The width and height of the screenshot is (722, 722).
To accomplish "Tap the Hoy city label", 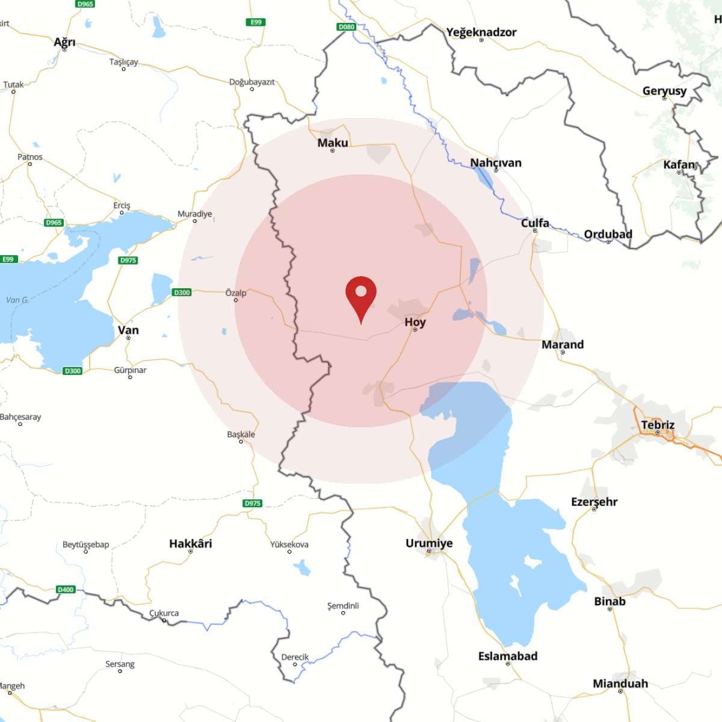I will point(415,322).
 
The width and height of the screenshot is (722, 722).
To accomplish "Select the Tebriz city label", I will point(658,425).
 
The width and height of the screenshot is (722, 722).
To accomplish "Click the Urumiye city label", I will point(429,543).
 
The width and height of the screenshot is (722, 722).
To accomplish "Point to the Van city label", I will point(128,330).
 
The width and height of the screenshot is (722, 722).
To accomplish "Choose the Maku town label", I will point(333,143).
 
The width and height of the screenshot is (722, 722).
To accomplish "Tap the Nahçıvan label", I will point(496,162).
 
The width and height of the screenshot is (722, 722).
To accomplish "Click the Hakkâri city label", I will point(190,543).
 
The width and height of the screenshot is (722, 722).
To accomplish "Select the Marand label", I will point(563,344).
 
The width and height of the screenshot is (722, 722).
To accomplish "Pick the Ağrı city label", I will point(64,42).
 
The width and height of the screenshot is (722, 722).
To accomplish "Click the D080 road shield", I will point(347,26).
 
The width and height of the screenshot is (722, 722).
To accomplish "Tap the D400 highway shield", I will point(66,589).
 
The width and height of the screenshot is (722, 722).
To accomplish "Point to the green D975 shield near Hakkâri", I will point(253,503).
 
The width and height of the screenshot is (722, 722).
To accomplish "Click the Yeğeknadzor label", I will point(481,32).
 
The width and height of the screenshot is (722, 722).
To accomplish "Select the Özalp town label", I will point(236,293).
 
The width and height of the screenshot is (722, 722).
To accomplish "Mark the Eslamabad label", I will point(508,656).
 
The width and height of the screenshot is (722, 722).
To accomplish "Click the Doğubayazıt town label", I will point(251,82).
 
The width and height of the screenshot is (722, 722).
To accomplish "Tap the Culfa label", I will point(535,223).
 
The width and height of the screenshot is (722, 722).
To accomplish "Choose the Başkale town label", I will point(241,434).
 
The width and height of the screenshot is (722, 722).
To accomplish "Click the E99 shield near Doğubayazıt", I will point(256,22).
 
